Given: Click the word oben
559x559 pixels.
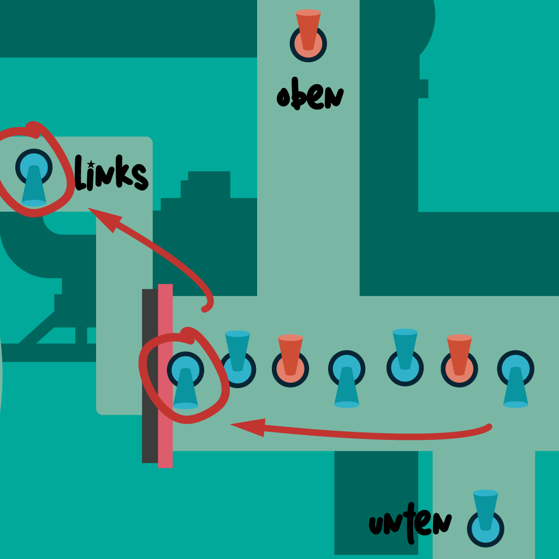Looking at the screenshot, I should coord(310,97).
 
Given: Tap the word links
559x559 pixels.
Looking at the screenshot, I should coord(111,174).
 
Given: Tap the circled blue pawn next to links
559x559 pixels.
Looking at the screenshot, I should coord(34,176).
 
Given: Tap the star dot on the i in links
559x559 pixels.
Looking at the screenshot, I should coord(91,163).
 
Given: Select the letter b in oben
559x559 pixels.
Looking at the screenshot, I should coord(298,97).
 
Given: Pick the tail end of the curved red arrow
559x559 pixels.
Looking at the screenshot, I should coord(205,309).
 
